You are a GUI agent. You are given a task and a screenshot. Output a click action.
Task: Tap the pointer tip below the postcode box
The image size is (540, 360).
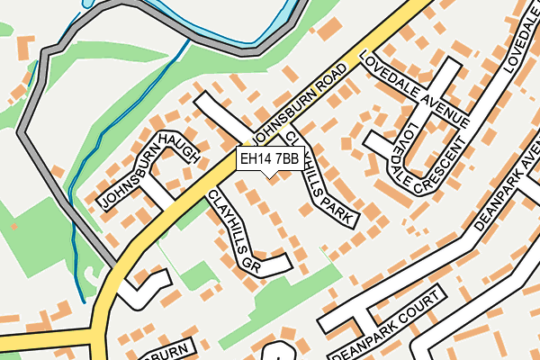pyautogui.click(x=268, y=176)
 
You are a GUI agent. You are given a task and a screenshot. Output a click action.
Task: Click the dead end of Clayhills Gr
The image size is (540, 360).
pyautogui.click(x=288, y=262)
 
